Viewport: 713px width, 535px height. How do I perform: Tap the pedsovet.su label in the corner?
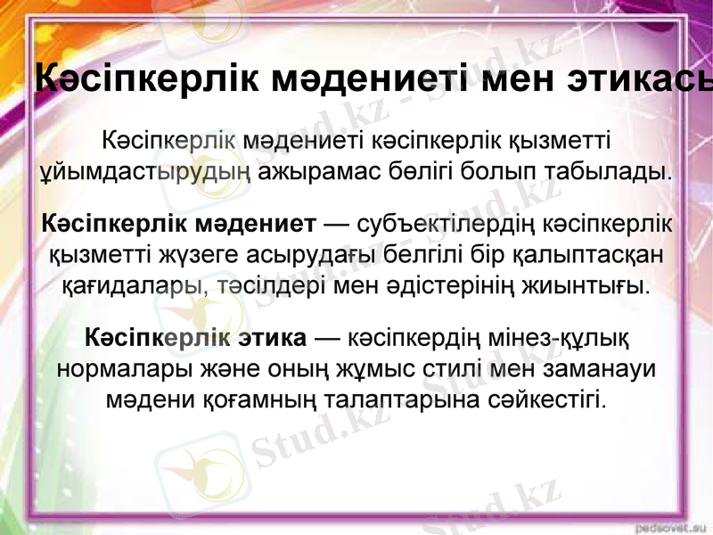673,526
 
